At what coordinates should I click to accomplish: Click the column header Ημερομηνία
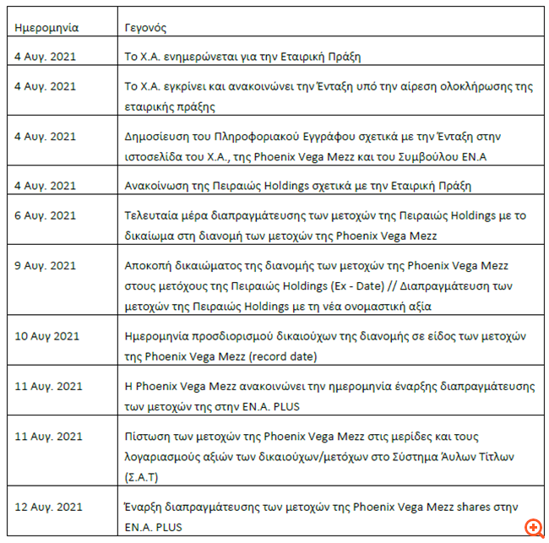coord(46,27)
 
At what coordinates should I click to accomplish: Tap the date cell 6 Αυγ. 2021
coord(46,216)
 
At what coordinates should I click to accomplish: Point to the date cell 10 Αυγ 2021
coord(47,336)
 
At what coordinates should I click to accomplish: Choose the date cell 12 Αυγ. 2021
coord(49,507)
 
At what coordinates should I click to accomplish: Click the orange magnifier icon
coord(533,528)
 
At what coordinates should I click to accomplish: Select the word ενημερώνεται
coord(193,57)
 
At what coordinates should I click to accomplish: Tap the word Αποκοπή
coord(147,263)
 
